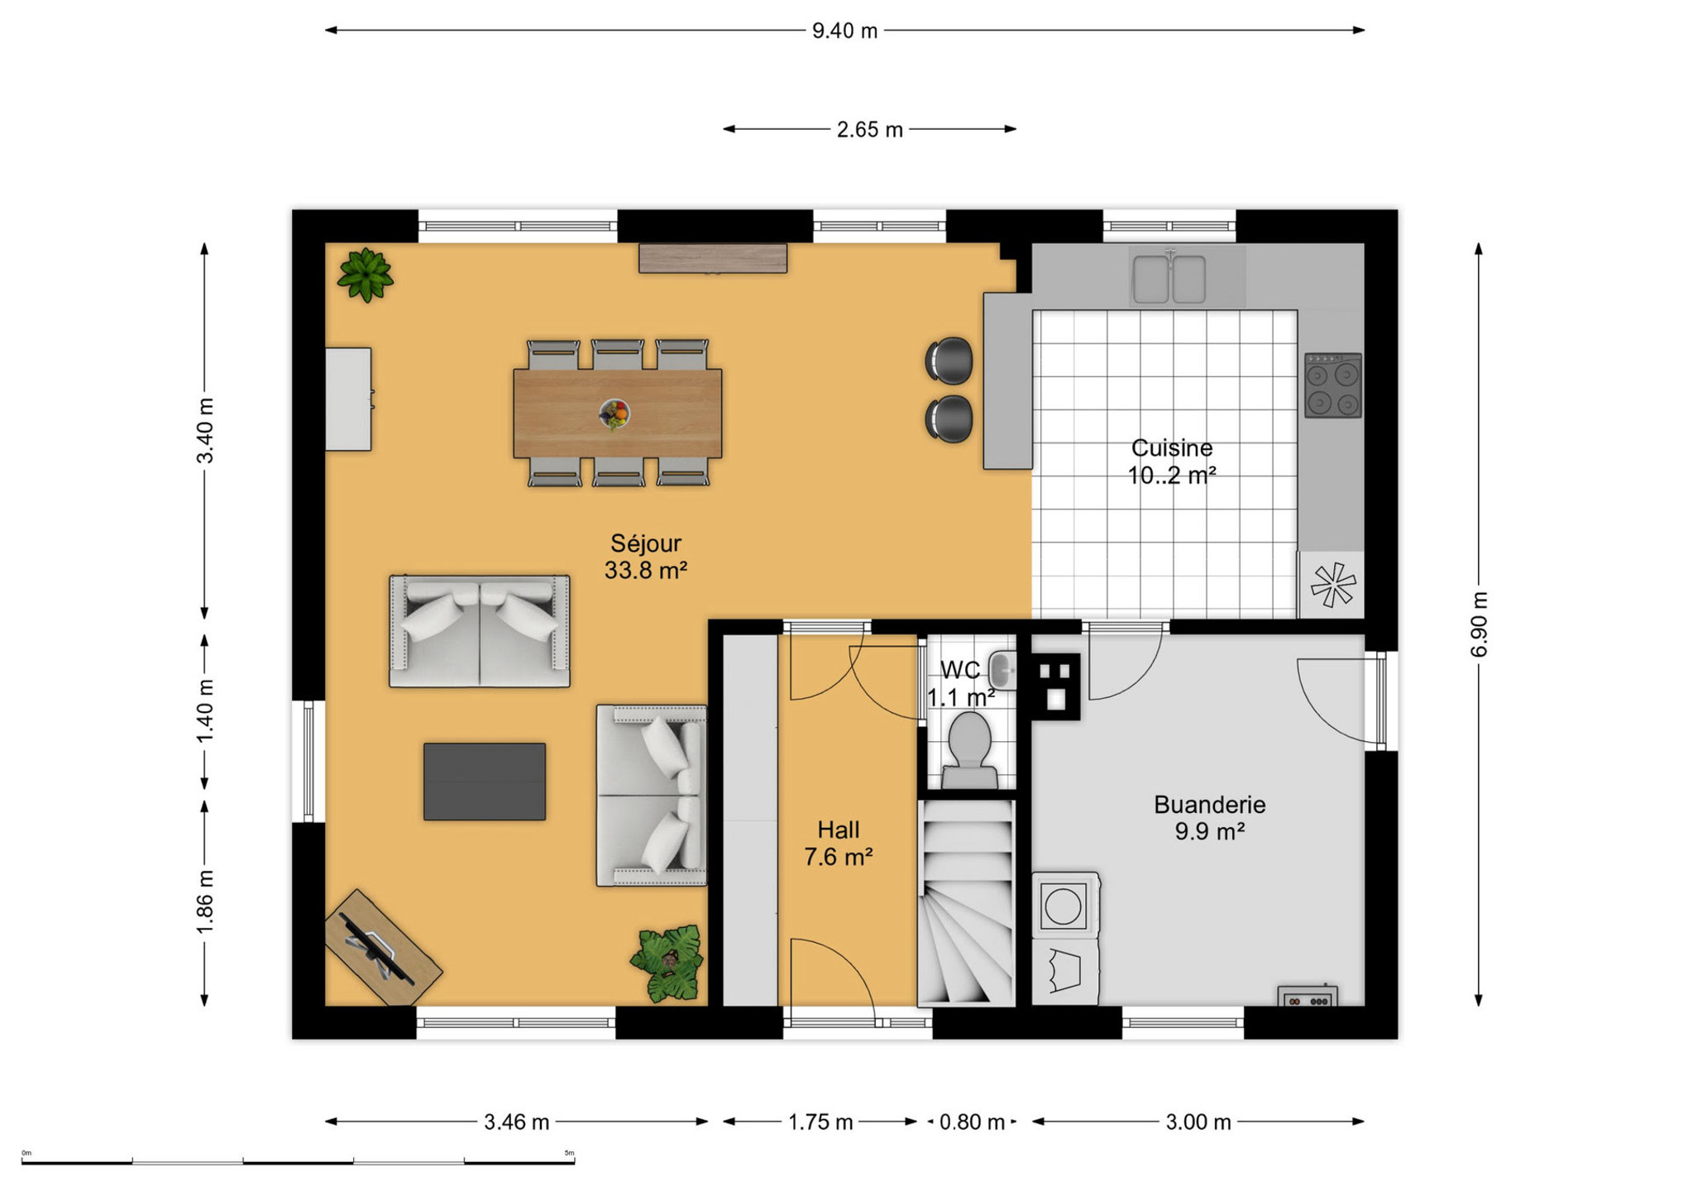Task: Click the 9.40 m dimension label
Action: coord(844,31)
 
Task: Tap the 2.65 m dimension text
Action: coord(869,130)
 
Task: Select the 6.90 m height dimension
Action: coord(1480,624)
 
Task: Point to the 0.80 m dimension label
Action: coord(972,1122)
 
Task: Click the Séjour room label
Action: coord(646,543)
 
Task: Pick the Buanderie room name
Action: coord(1210,805)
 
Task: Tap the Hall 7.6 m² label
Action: coord(839,843)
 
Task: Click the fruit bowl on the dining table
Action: coord(614,414)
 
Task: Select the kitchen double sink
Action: coord(1169,278)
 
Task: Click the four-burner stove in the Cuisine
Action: coord(1333,385)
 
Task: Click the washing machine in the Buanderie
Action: coord(1065,905)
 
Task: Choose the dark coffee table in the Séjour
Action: coord(485,782)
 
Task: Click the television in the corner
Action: coord(379,948)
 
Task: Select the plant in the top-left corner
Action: coord(365,275)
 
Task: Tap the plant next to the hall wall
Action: coord(667,963)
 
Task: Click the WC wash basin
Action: coord(1003,670)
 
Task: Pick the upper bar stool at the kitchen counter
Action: coord(949,361)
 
